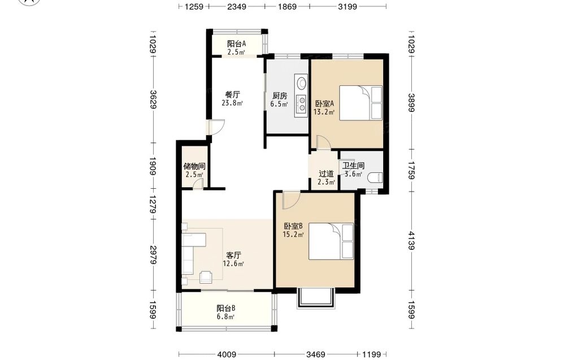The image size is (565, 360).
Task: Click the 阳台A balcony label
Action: [x=236, y=44]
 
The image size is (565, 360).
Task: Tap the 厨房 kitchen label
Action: [x=280, y=96]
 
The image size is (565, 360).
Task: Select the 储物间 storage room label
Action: [x=194, y=166]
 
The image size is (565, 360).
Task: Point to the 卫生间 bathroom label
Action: [x=353, y=166]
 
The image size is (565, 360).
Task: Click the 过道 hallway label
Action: [x=326, y=174]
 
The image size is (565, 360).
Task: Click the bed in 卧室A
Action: [x=360, y=103]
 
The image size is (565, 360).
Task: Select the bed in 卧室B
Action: [x=331, y=241]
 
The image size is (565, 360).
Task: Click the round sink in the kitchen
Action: [x=301, y=83]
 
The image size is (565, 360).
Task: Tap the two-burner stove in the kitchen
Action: [x=301, y=103]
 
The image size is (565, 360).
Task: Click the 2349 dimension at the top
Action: [x=237, y=6]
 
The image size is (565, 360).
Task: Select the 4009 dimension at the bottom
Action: [x=227, y=354]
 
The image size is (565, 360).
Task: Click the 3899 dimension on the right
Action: [x=411, y=103]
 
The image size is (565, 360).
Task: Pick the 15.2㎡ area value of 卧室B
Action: [x=293, y=235]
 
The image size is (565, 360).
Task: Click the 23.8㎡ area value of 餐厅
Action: [x=232, y=103]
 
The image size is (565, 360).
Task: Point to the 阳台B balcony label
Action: [x=226, y=309]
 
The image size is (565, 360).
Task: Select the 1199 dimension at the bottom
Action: [x=372, y=354]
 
